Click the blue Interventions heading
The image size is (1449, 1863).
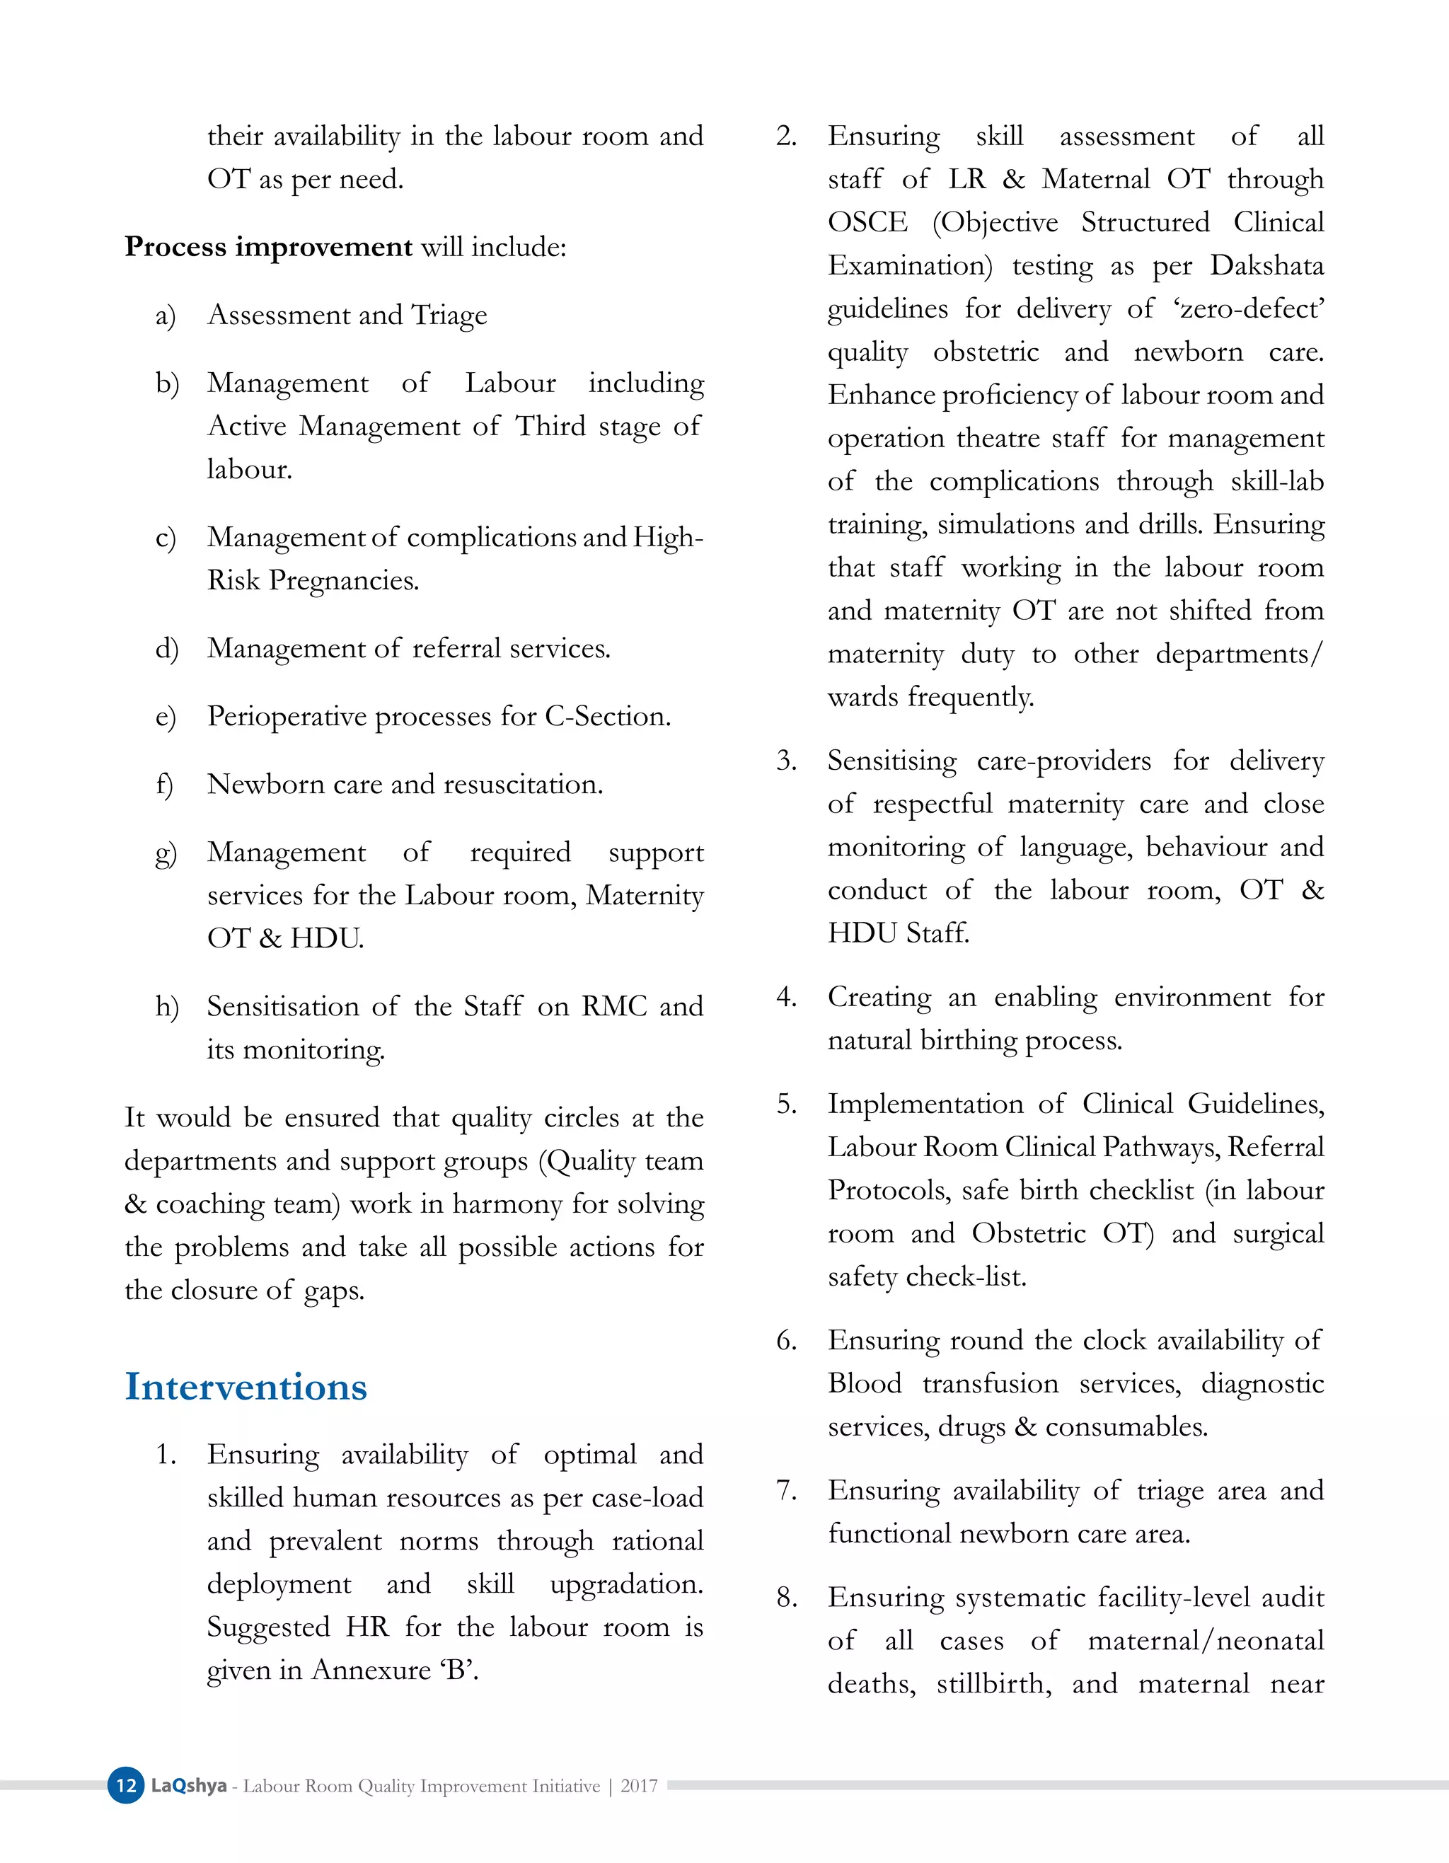point(246,1386)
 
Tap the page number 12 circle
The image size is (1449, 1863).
point(125,1785)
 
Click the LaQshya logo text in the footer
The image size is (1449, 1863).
point(188,1785)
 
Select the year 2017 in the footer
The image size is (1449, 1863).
point(639,1786)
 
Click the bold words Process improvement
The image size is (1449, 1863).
point(269,246)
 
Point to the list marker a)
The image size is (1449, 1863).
point(166,316)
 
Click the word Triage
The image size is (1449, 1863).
point(449,316)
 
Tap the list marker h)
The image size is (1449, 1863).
point(166,1007)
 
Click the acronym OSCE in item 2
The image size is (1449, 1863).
point(867,223)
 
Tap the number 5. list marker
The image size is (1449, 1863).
point(786,1104)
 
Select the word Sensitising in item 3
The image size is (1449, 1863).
point(891,761)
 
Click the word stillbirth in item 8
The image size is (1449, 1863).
point(993,1685)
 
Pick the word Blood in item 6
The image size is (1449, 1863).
point(864,1383)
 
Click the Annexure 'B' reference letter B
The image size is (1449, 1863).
point(457,1669)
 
